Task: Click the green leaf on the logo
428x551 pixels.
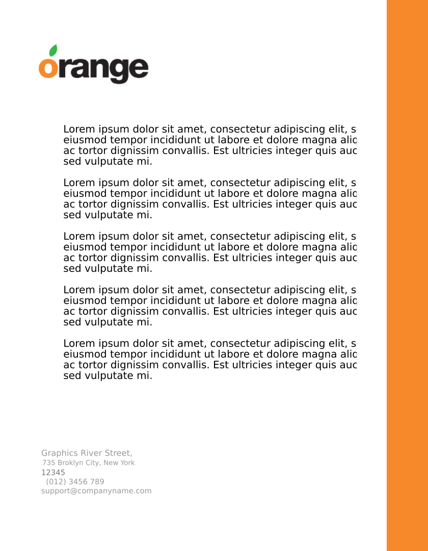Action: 52,51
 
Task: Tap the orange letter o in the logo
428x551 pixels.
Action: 48,68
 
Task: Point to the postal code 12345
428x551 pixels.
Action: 53,472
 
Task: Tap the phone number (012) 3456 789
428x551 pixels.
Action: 75,482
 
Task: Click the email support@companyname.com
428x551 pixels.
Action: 96,491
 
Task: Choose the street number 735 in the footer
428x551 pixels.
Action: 48,463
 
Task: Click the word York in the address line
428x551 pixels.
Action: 127,463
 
